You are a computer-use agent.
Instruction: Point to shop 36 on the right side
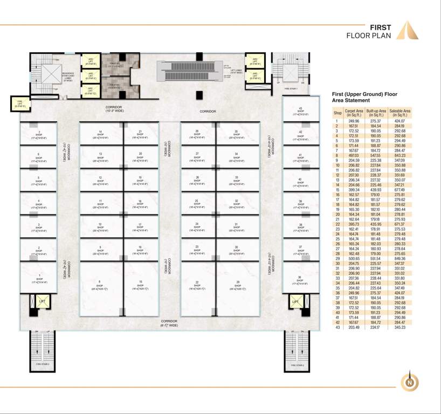pos(300,280)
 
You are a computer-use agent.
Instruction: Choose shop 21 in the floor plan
pos(140,134)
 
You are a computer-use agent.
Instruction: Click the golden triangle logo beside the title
pos(408,31)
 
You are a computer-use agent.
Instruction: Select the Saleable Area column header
pos(399,113)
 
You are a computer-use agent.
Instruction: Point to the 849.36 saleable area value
pos(399,258)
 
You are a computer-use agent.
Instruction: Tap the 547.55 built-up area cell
pos(375,156)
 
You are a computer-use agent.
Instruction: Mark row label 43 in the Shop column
pos(338,327)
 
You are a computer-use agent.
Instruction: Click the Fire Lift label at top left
pos(19,102)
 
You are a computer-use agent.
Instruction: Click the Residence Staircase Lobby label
pos(68,76)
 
